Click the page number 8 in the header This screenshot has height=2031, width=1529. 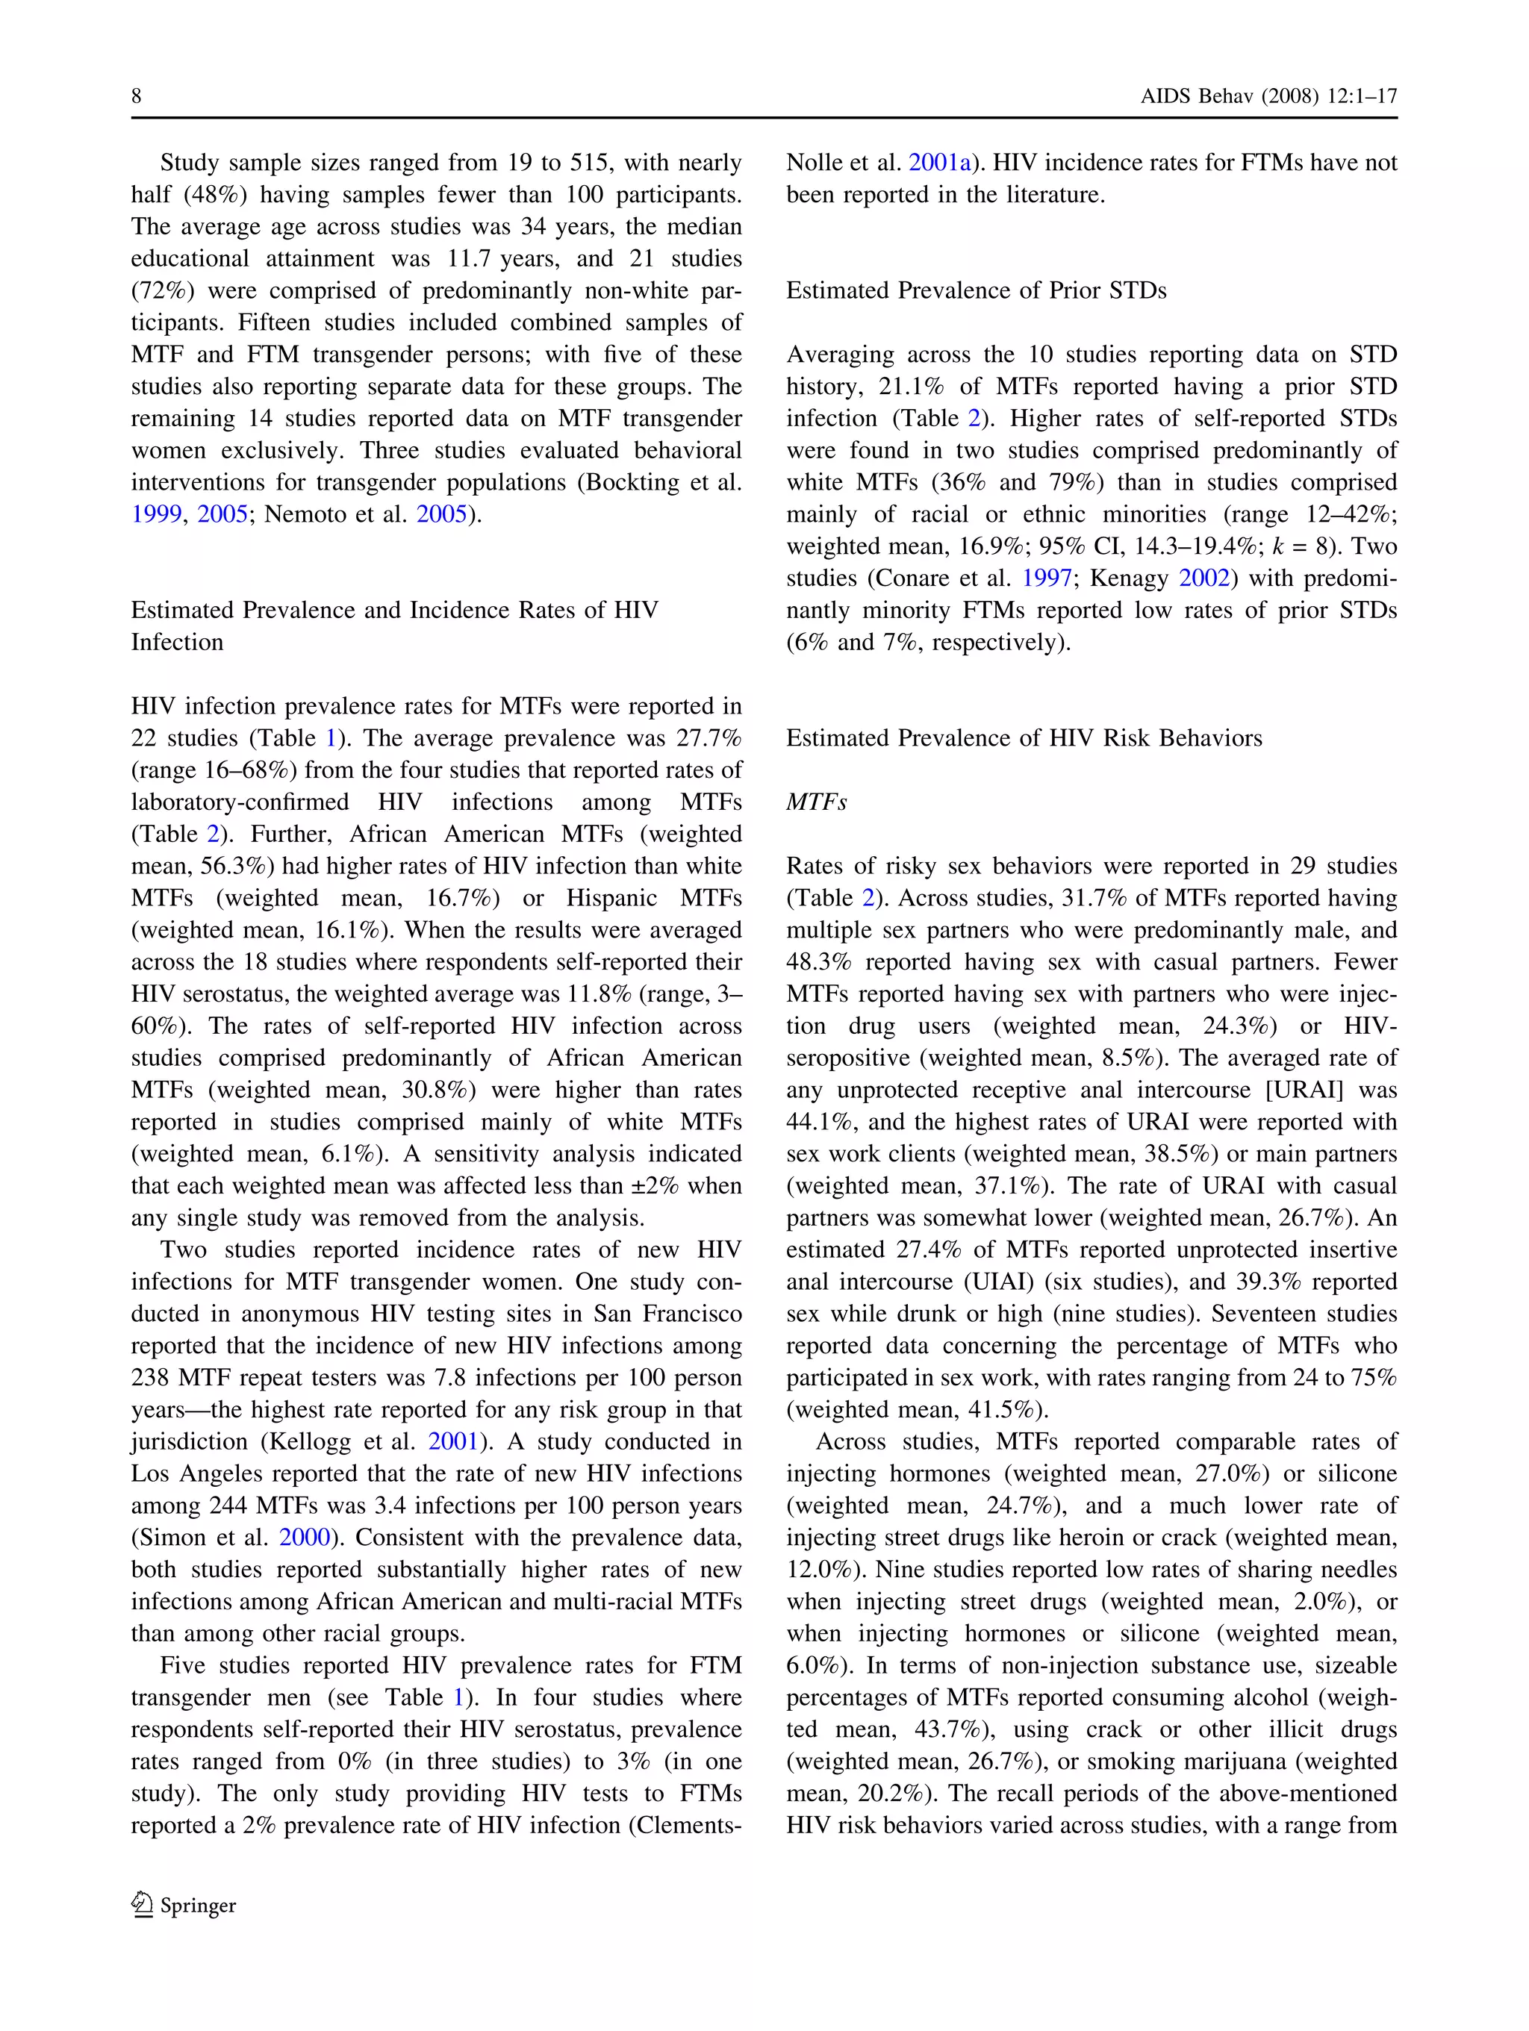(x=136, y=96)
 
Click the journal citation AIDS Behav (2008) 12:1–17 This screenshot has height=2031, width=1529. (x=1268, y=96)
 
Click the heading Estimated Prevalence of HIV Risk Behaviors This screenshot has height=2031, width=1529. (x=1023, y=738)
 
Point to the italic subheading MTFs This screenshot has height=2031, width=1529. (x=815, y=802)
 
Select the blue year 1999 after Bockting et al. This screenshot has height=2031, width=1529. (x=156, y=515)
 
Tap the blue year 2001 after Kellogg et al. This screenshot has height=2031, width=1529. (x=452, y=1443)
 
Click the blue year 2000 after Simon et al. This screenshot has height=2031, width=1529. (x=304, y=1538)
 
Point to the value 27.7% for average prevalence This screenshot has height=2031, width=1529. (x=707, y=739)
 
